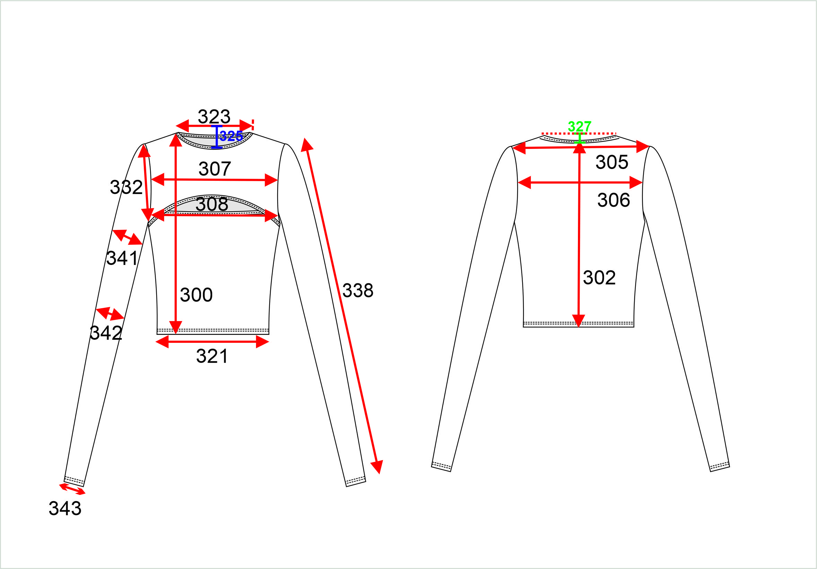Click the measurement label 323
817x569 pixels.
coord(214,116)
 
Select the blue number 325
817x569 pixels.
coord(231,136)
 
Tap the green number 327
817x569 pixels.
coord(580,126)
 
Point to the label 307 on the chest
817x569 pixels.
coord(214,169)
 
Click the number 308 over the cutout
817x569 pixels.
coord(212,204)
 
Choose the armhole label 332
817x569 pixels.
coord(126,187)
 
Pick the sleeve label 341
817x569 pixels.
coord(122,258)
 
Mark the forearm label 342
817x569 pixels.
coord(106,333)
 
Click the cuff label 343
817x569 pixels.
coord(65,508)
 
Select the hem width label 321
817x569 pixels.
coord(212,356)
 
